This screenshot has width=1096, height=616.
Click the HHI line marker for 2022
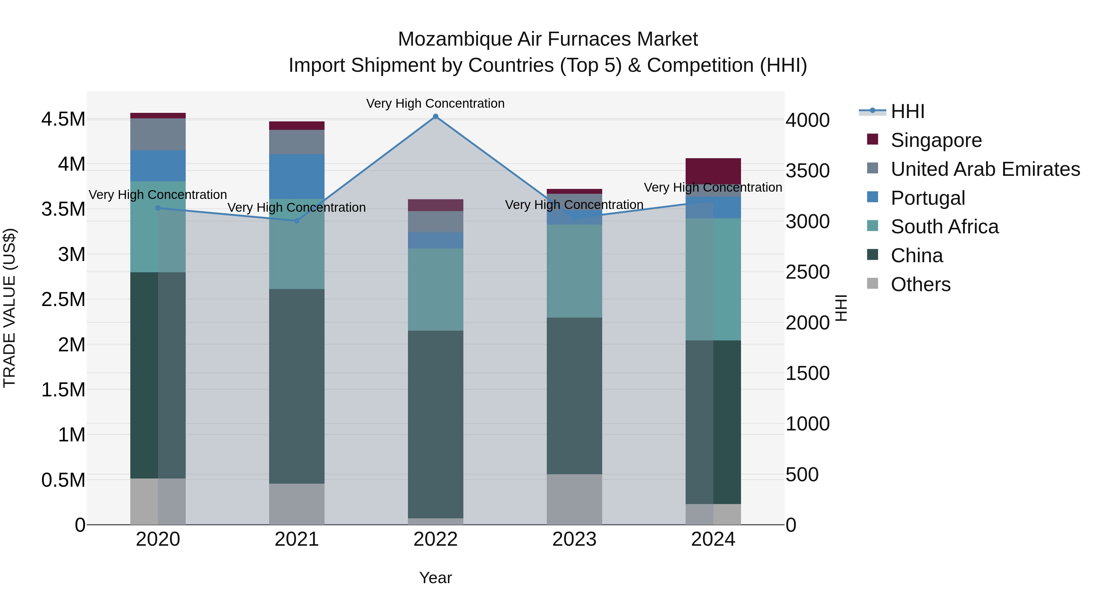click(435, 117)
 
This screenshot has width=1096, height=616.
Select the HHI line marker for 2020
click(158, 208)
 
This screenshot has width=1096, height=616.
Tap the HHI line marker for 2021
click(297, 221)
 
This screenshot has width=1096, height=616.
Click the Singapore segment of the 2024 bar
click(713, 171)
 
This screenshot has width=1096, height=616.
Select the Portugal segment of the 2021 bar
click(297, 176)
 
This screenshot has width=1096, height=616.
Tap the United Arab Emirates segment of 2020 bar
click(158, 134)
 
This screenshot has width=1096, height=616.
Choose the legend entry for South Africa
click(944, 227)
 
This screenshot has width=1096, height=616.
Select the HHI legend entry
click(907, 111)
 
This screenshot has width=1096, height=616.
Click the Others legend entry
click(920, 284)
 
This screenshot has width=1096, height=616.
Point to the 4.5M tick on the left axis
click(63, 119)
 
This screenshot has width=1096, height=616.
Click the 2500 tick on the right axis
click(807, 272)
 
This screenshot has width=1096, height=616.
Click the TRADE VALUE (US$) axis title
click(9, 308)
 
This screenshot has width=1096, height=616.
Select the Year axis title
click(435, 578)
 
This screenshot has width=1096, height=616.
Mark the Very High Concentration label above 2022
click(435, 103)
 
